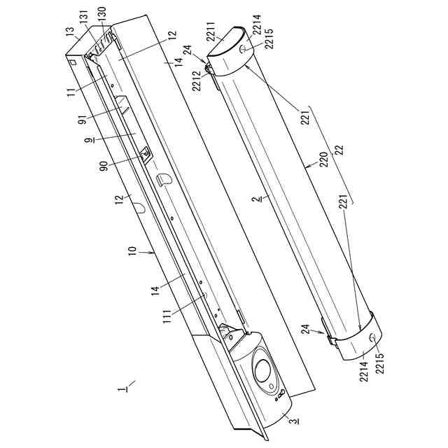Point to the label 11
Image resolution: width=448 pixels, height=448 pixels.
click(71, 92)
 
